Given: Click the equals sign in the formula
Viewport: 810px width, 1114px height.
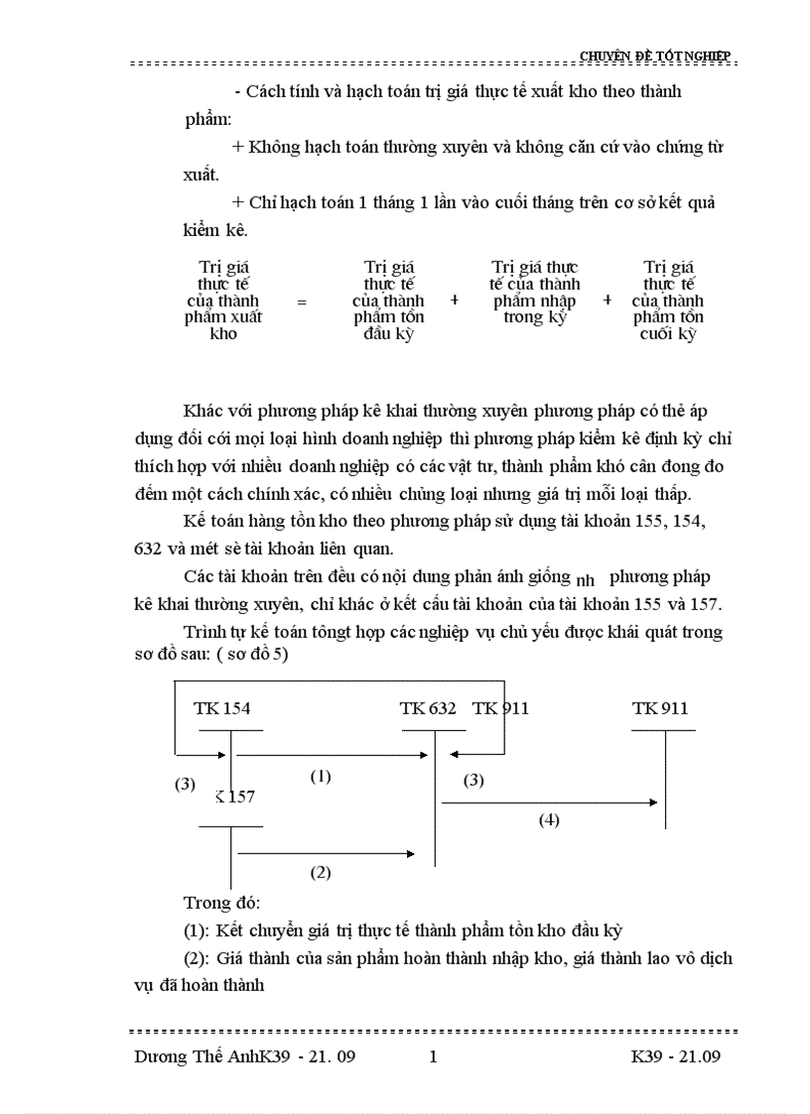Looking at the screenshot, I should (x=302, y=301).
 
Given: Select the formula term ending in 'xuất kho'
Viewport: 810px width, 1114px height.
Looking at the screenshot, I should (x=223, y=301).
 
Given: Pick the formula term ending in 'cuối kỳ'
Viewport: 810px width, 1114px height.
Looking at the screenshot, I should (x=668, y=301).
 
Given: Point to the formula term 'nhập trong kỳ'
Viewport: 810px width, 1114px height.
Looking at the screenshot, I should (x=535, y=293).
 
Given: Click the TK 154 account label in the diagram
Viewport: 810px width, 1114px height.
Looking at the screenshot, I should (x=221, y=708).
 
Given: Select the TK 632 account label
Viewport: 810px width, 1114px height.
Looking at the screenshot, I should (x=428, y=708).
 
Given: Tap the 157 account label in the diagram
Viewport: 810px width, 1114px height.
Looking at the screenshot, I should (x=235, y=797).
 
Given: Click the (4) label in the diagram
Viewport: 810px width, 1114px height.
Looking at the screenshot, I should (x=549, y=820).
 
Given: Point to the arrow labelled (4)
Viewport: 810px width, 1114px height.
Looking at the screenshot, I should (x=551, y=803).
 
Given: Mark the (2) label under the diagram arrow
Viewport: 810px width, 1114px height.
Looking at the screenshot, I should (x=320, y=873).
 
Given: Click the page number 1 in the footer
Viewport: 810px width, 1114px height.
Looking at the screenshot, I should (x=433, y=1056).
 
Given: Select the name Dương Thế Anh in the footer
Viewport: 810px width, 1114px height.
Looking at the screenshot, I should (x=197, y=1056).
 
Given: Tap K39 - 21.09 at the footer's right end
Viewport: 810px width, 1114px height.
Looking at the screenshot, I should (x=675, y=1056).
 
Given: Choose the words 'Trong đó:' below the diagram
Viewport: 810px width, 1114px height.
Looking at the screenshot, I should (x=220, y=903).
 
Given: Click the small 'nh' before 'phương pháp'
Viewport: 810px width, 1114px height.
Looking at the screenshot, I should (x=585, y=581).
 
